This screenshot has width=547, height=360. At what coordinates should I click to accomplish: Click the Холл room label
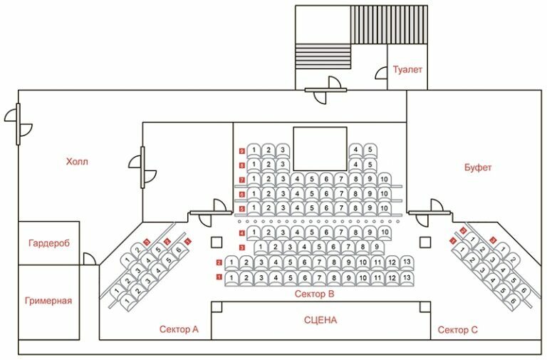pyautogui.click(x=77, y=161)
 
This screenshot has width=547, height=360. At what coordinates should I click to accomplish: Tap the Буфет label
pyautogui.click(x=478, y=168)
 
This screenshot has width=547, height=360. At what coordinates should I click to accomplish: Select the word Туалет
pyautogui.click(x=407, y=70)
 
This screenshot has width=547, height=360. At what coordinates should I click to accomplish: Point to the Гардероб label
pyautogui.click(x=49, y=243)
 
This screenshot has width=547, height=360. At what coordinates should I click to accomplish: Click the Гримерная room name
pyautogui.click(x=48, y=300)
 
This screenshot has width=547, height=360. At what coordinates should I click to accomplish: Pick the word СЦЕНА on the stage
pyautogui.click(x=320, y=320)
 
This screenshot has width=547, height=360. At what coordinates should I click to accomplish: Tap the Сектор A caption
pyautogui.click(x=179, y=329)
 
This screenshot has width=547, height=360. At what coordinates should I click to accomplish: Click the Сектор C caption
pyautogui.click(x=453, y=329)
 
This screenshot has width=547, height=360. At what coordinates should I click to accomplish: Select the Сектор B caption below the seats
pyautogui.click(x=315, y=294)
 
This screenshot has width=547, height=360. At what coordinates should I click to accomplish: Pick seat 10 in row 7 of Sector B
pyautogui.click(x=383, y=178)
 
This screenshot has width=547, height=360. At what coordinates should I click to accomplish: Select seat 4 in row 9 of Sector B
pyautogui.click(x=355, y=150)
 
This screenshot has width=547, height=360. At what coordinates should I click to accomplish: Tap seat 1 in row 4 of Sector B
pyautogui.click(x=254, y=232)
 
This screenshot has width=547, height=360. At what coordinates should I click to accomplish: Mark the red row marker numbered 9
pyautogui.click(x=242, y=151)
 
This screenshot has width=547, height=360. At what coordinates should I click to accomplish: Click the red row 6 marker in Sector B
pyautogui.click(x=242, y=194)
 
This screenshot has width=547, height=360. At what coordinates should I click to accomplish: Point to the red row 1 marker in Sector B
pyautogui.click(x=219, y=276)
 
